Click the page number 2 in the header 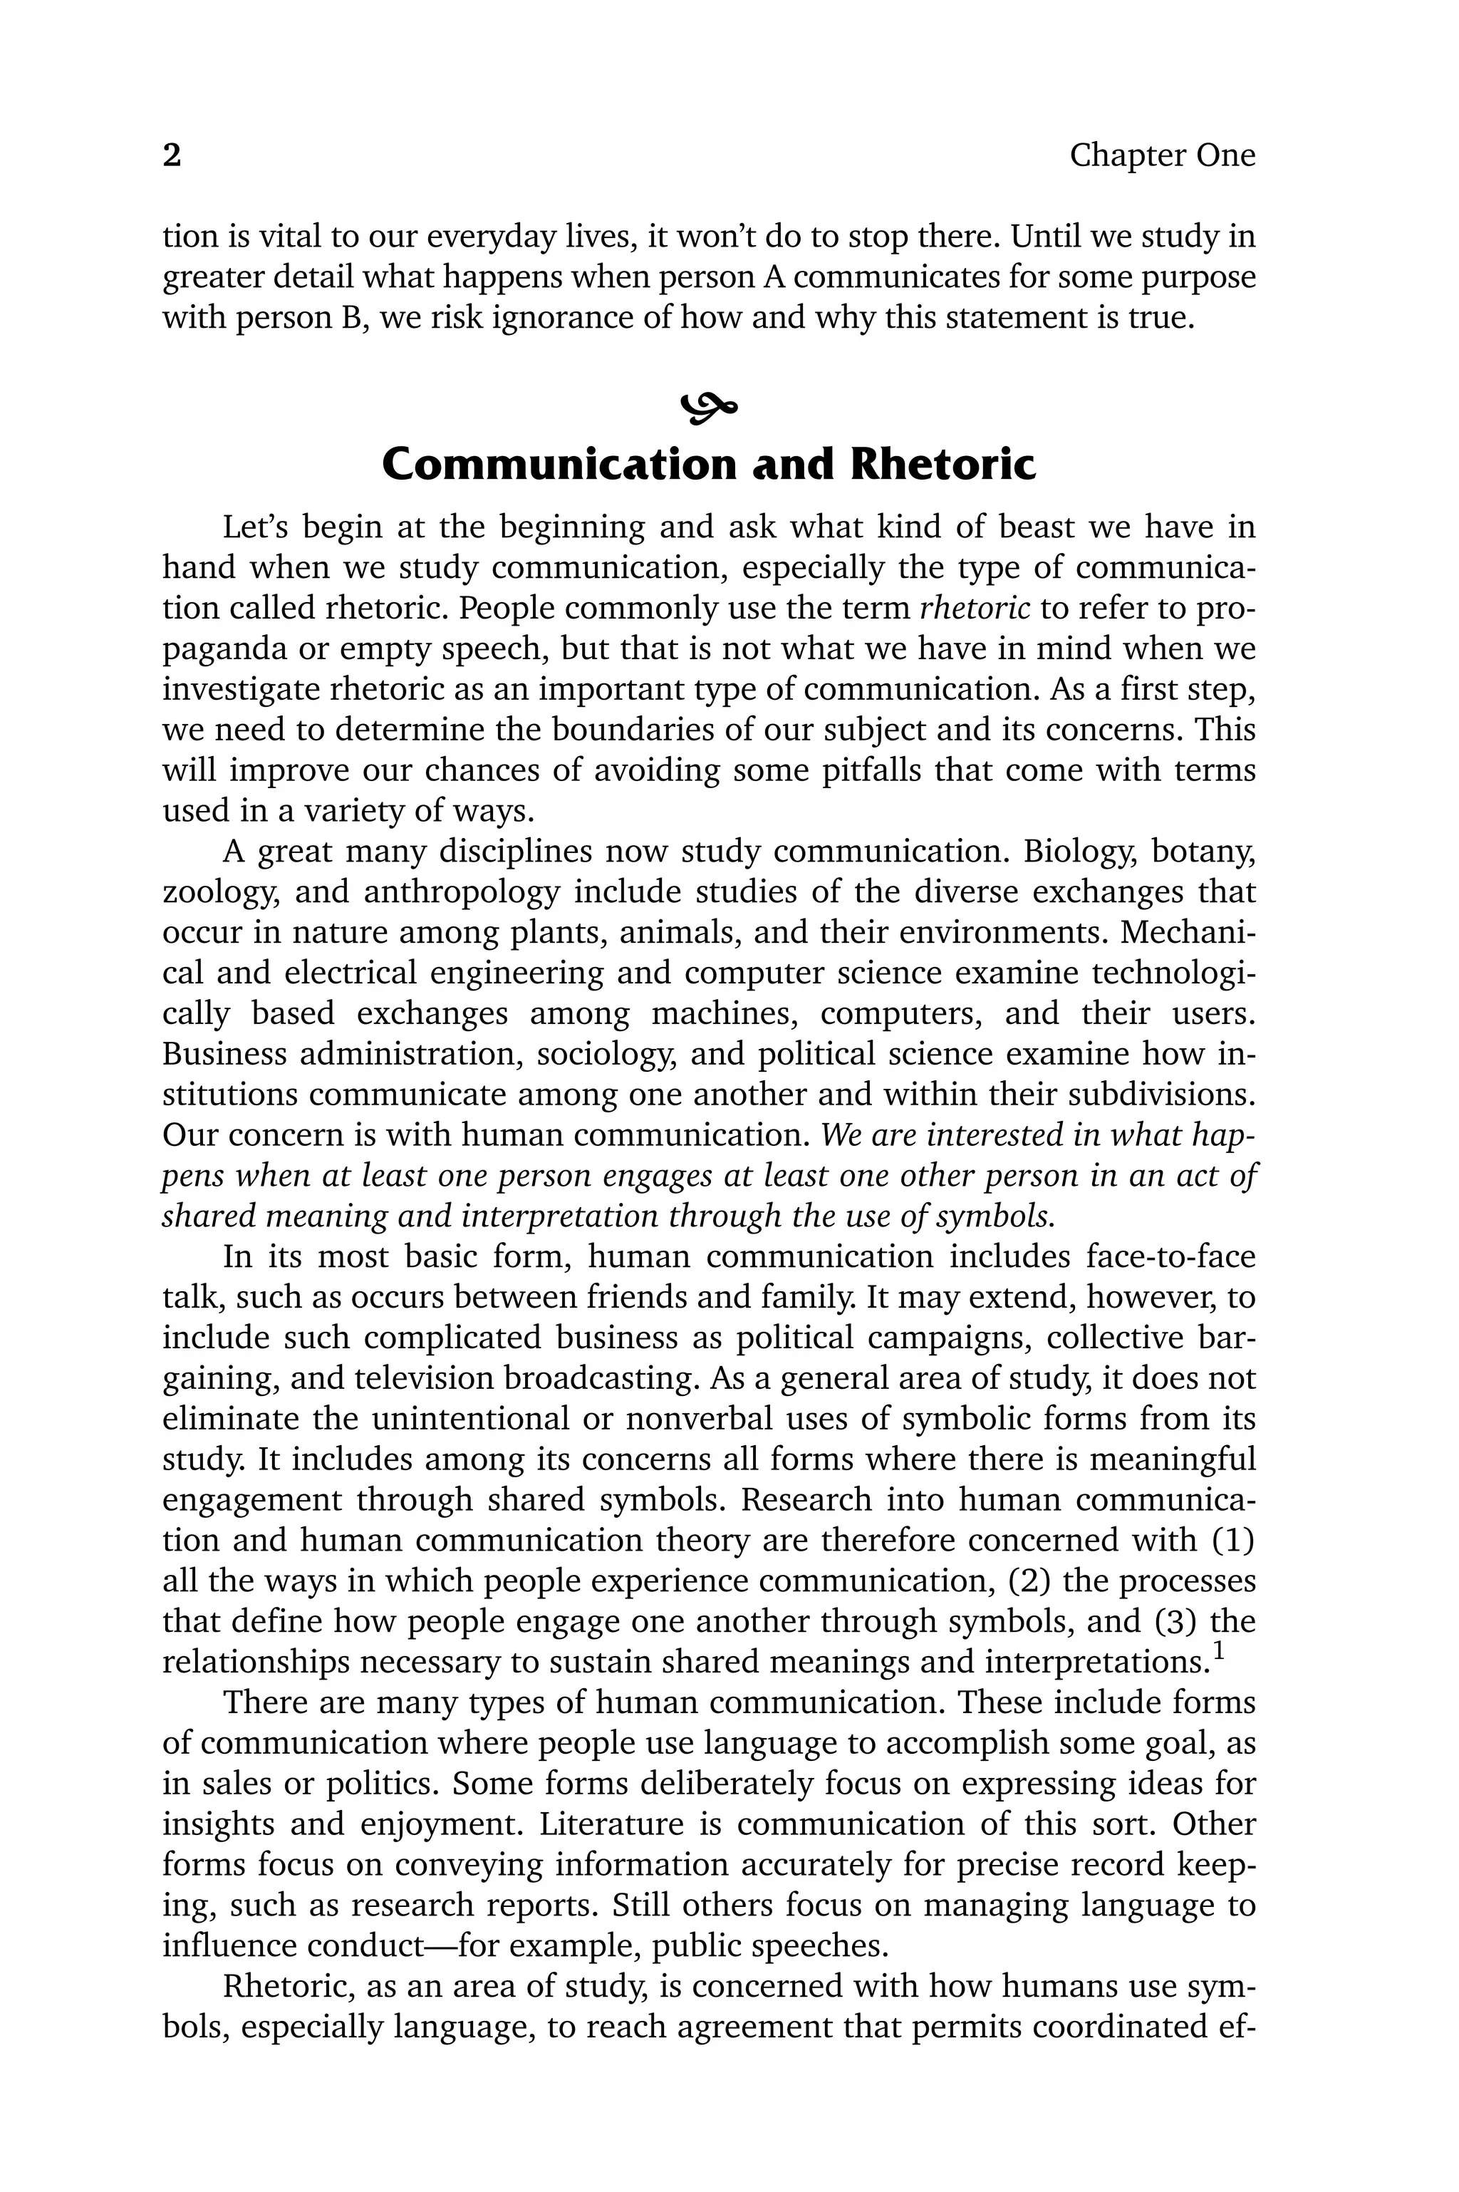tap(172, 155)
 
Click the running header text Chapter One tap(1161, 155)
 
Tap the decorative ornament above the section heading tap(709, 405)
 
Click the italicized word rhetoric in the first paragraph tap(975, 608)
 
